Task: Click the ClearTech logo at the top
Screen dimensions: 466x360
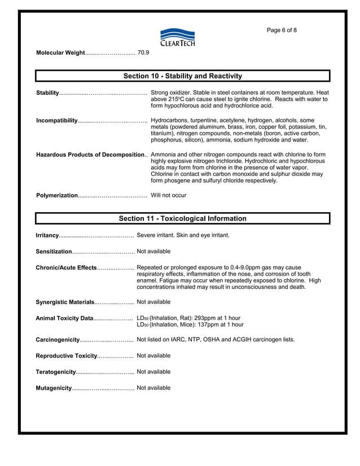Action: (x=178, y=37)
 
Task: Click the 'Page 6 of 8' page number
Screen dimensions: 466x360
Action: (x=281, y=30)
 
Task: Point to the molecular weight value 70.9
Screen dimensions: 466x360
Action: (x=143, y=52)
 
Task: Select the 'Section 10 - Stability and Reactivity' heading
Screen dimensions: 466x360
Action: (x=182, y=76)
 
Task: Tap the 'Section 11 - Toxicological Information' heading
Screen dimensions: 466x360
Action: (x=182, y=218)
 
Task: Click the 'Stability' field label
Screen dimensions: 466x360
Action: (x=47, y=93)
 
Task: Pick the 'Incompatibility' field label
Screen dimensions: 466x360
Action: (x=57, y=121)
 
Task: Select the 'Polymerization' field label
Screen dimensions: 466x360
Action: (x=57, y=195)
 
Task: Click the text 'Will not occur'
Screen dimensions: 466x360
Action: (x=168, y=195)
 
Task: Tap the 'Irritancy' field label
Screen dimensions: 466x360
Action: (x=47, y=235)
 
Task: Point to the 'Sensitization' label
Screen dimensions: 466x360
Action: (x=54, y=251)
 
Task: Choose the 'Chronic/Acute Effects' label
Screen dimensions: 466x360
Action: (x=66, y=267)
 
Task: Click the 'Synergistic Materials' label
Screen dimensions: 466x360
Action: (x=65, y=302)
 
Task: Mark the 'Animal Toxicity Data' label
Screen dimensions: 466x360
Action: (x=64, y=318)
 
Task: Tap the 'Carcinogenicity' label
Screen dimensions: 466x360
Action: (x=58, y=340)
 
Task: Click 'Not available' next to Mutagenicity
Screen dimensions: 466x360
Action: (x=153, y=388)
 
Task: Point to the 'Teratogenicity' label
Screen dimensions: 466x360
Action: (x=56, y=372)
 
